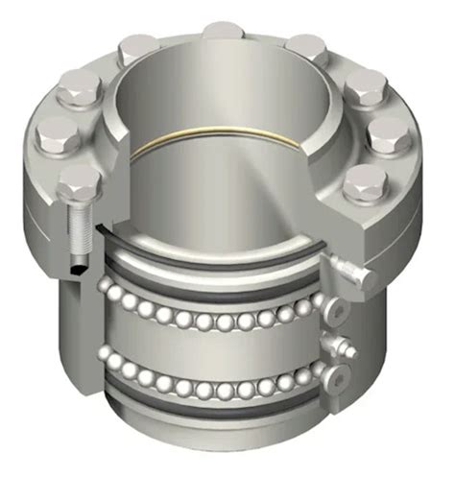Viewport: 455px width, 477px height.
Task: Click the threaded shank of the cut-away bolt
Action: click(77, 229)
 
